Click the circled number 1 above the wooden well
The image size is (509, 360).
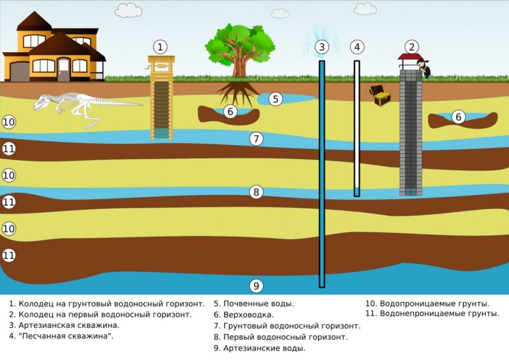tap(160, 47)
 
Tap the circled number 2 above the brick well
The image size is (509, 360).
tap(411, 47)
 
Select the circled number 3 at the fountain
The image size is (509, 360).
tap(322, 47)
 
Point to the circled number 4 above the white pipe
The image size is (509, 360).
tap(357, 47)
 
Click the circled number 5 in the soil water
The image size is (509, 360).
tap(276, 98)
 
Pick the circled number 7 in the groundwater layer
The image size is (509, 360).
tap(255, 139)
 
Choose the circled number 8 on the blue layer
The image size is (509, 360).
tap(255, 192)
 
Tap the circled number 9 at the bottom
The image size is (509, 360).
tap(255, 286)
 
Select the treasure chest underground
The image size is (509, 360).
tap(379, 95)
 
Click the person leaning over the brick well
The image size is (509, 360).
tap(424, 69)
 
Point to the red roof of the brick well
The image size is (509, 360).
tap(410, 57)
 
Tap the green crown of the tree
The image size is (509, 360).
tap(240, 41)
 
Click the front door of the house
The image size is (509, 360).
tap(64, 70)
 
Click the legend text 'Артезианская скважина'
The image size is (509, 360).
tap(69, 326)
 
